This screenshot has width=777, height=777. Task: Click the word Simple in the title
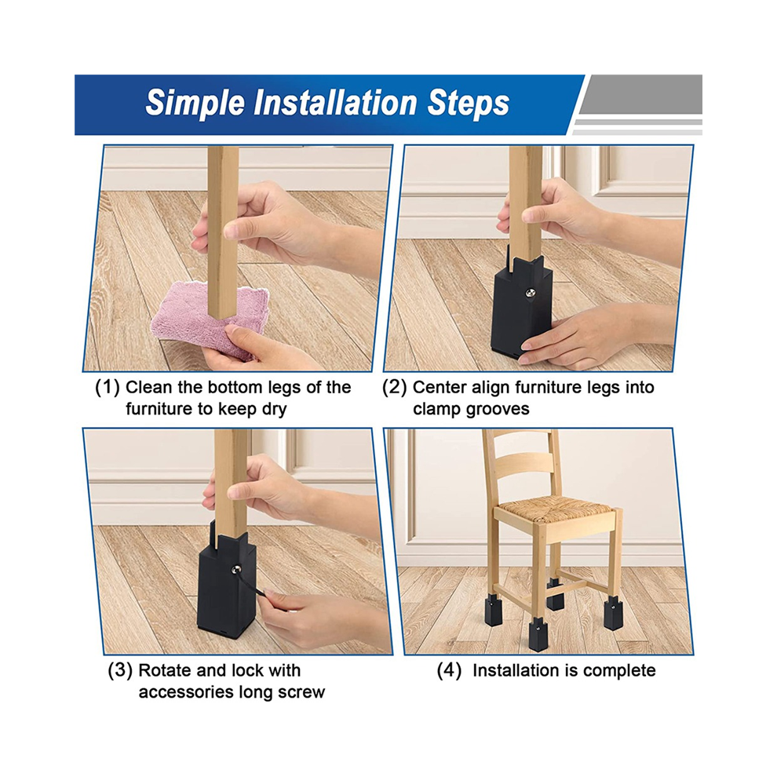(195, 104)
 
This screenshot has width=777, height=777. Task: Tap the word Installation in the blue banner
(335, 103)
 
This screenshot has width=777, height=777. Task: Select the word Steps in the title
(469, 104)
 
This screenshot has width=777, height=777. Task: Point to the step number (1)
(108, 387)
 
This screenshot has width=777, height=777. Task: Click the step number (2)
(395, 387)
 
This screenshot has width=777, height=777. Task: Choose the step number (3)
(120, 670)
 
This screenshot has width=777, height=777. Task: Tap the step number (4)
(449, 670)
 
